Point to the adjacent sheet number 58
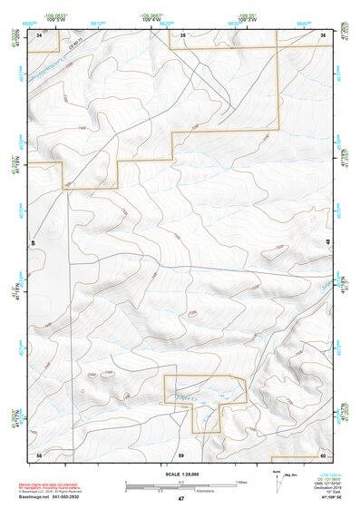[39, 454]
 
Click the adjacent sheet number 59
[181, 454]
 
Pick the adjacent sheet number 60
[323, 454]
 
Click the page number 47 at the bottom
[181, 498]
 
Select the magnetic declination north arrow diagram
[277, 479]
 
